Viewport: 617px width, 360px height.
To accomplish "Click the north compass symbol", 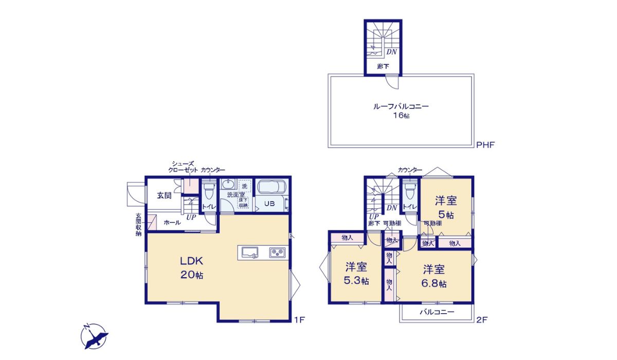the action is coord(94,336).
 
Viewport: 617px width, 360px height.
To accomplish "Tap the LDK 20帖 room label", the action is coord(192,267).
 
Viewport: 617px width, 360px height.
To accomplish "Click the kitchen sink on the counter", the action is coord(250,253).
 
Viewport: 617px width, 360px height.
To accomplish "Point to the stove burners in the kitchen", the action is coord(277,253).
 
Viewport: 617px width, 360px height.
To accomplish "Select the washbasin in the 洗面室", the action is coord(228,184).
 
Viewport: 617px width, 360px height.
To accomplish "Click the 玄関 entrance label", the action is coord(164,195).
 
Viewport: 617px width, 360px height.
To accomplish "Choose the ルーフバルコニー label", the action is coord(401,106).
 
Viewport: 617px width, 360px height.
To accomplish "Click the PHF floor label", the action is coord(485,145).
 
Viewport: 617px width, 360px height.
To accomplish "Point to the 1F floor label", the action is coord(299,320).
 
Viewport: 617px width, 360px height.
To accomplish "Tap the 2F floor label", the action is coord(482,320).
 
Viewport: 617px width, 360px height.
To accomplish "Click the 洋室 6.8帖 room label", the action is coord(434,276).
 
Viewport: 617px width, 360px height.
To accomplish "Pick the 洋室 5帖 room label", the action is coord(446,207).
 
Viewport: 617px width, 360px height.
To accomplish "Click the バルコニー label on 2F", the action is coord(437,312).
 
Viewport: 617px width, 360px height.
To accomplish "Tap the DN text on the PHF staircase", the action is coord(391,52).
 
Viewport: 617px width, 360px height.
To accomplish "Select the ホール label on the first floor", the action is coord(172,223).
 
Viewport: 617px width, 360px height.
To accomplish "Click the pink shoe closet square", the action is coord(191,186).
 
